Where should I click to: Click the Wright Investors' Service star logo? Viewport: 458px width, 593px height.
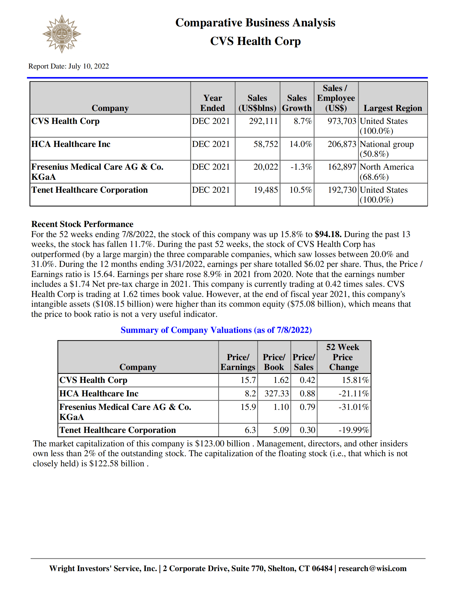tap(62, 34)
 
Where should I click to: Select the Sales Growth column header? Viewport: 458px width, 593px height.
tap(297, 103)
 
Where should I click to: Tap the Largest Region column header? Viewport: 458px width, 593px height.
tap(393, 108)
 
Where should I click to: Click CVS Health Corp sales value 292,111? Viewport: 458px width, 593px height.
tap(263, 121)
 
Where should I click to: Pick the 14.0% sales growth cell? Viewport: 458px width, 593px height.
tap(300, 144)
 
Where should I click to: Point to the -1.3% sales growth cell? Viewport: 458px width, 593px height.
tap(301, 167)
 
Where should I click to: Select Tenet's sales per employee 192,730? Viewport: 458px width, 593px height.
tap(342, 190)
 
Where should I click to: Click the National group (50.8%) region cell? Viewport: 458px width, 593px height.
tap(387, 149)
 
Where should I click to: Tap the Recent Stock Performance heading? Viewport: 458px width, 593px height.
tap(82, 224)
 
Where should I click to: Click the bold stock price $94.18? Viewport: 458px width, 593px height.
tap(328, 234)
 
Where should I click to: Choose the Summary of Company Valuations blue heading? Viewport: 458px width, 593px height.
tap(216, 330)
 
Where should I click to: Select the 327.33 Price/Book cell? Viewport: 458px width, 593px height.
tap(276, 393)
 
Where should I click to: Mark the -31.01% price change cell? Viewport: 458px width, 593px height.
tap(354, 407)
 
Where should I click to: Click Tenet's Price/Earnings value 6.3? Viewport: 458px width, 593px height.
tap(250, 430)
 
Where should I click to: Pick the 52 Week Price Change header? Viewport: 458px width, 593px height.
tap(343, 357)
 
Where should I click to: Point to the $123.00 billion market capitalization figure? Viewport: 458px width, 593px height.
tap(222, 444)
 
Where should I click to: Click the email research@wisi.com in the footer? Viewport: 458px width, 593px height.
tap(372, 568)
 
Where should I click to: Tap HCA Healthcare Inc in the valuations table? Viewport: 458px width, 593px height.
tap(99, 393)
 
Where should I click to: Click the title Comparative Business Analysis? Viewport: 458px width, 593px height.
tap(255, 22)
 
